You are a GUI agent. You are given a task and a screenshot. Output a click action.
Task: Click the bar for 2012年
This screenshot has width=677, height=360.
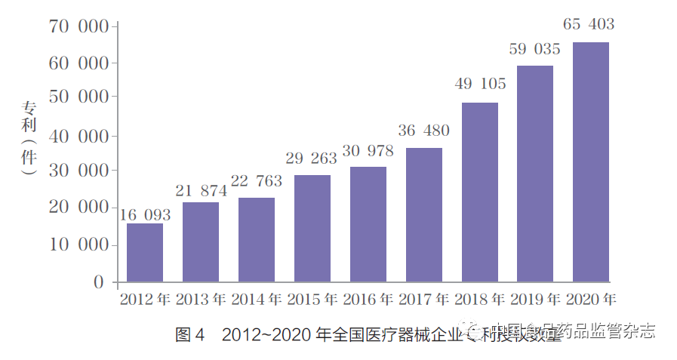tap(144, 253)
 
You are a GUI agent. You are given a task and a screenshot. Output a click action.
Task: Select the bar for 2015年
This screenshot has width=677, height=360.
tap(312, 229)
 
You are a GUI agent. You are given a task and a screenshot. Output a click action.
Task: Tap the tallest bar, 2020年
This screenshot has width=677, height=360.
tap(590, 162)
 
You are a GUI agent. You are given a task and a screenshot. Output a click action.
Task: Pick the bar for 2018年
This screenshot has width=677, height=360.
tap(479, 192)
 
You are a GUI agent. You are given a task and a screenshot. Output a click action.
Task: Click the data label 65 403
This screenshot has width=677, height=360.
tap(589, 25)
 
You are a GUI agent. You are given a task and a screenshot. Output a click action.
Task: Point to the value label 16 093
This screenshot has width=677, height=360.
tap(145, 215)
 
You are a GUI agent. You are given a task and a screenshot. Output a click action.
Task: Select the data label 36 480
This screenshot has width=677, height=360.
tap(423, 131)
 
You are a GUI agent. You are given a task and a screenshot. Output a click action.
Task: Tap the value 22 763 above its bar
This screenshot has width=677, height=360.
tap(256, 181)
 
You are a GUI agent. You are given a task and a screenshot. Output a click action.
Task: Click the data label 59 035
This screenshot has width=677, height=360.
tap(534, 50)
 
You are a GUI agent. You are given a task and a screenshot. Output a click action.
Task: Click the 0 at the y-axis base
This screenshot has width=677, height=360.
tap(98, 282)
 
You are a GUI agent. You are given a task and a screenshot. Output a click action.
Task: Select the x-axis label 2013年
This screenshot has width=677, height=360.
tap(201, 299)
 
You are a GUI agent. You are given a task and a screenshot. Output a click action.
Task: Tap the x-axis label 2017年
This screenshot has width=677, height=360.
tap(423, 299)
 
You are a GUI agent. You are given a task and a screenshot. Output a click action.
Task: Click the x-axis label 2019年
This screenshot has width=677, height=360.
tap(534, 299)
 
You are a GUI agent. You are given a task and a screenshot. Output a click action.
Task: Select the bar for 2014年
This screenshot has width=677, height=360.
tap(256, 240)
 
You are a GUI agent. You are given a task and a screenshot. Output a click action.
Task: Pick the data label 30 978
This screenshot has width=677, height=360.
tap(368, 151)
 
